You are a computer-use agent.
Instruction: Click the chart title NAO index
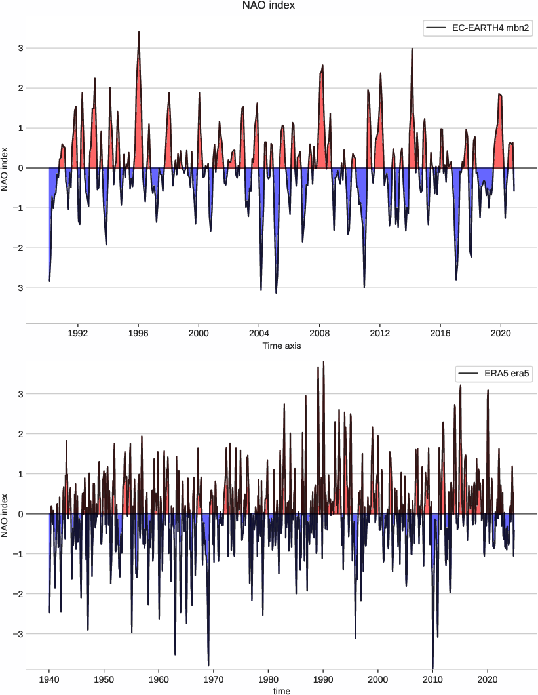point(269,6)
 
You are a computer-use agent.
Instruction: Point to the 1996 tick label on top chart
point(138,333)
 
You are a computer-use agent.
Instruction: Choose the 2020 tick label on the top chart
point(501,333)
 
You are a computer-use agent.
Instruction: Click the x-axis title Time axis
point(281,346)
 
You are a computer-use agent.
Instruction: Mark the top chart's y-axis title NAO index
point(6,168)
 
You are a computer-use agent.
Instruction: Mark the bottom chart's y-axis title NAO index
point(6,514)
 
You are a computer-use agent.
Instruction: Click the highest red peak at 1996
point(139,32)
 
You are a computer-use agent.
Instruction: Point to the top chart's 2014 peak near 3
point(412,49)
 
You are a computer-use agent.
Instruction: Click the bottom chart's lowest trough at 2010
point(432,667)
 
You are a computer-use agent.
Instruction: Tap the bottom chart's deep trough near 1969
point(208,665)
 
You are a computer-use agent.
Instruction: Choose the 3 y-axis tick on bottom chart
point(21,394)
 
